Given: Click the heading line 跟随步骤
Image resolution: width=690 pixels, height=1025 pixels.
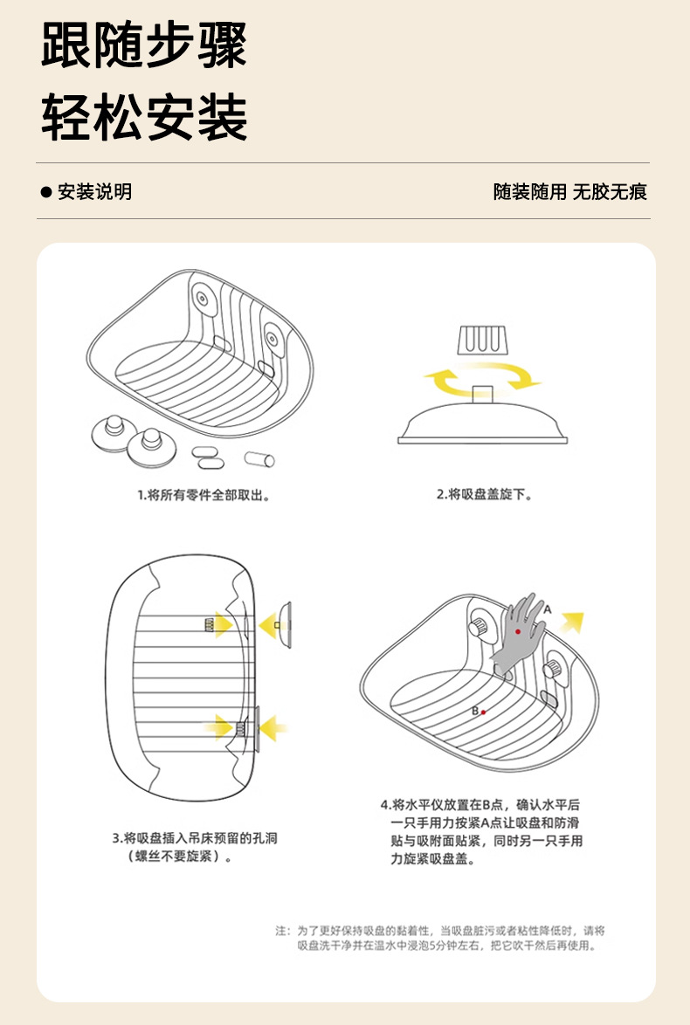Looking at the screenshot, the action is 144,45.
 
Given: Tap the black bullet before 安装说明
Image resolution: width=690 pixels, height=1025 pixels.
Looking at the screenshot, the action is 47,192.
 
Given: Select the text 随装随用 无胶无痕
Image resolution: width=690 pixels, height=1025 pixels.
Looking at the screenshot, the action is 569,192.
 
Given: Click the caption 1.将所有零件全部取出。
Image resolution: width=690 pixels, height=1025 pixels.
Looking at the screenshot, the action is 203,495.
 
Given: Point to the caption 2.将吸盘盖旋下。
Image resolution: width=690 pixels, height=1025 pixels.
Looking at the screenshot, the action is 484,494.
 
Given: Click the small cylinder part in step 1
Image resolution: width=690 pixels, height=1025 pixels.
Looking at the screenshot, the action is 259,458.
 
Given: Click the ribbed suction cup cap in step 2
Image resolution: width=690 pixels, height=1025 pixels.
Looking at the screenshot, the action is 483,337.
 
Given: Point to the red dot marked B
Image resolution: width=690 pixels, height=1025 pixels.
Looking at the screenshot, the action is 483,712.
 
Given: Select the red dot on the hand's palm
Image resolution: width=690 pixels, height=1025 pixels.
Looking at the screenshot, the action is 518,631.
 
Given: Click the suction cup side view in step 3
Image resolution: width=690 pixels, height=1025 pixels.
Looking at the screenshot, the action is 283,624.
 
